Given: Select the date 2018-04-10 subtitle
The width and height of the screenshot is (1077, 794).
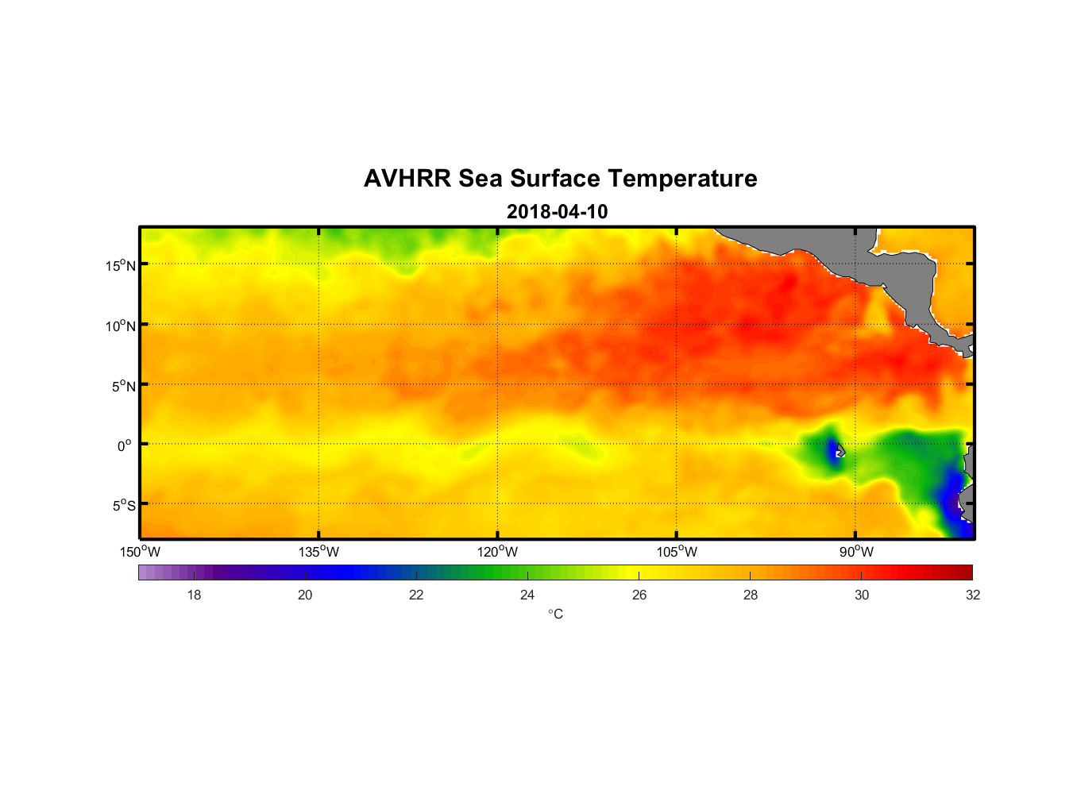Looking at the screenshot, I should coord(557,212).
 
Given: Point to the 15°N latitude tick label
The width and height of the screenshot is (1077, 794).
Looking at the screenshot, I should coord(121,265).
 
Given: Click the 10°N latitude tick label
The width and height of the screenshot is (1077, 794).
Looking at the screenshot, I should coord(121,326).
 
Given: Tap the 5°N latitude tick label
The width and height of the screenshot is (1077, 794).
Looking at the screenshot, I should coord(124,386).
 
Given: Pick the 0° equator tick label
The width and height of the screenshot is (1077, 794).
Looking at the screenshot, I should coord(125,446).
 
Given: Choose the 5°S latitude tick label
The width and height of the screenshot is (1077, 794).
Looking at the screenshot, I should coord(124,506).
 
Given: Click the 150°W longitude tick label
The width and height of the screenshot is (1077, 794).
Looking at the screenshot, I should coord(140,552).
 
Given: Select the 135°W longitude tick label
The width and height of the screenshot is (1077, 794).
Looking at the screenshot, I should coord(318,552).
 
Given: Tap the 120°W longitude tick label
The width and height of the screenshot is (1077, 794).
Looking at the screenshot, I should coord(497,552).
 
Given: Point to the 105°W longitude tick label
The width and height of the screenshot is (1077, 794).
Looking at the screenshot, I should coord(677,552).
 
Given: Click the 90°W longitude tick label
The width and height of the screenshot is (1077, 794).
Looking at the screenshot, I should coord(856,552).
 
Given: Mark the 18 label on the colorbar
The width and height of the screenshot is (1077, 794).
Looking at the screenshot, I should coord(194,595).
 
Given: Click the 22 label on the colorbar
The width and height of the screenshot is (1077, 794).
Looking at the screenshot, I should coord(416,595).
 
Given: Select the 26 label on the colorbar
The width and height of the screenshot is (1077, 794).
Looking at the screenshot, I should coord(639,595).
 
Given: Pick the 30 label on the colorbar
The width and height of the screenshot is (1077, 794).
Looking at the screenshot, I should coord(862,595).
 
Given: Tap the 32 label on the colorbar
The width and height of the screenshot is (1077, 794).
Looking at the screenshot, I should coord(973,595).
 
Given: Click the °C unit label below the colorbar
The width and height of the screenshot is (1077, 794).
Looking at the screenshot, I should coord(555,615).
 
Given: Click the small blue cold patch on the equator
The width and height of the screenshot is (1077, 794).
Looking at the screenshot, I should coord(833,450).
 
